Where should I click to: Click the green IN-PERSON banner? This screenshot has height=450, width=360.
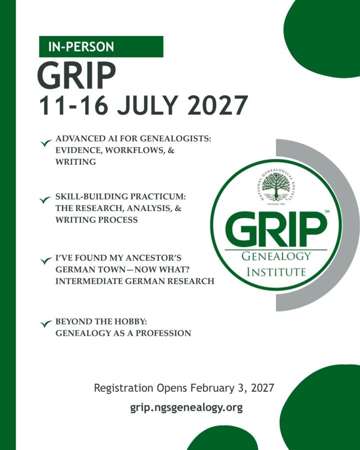(x=101, y=47)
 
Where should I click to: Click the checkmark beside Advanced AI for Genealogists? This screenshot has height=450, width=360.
(x=46, y=143)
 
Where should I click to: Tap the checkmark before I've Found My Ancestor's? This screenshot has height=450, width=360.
(x=46, y=261)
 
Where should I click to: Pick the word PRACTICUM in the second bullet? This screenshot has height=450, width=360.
(x=158, y=197)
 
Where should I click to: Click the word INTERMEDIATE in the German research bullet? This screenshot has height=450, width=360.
(x=89, y=281)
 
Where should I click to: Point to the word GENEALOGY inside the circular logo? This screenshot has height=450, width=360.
(x=276, y=256)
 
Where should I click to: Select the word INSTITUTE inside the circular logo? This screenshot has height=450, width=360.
(x=276, y=272)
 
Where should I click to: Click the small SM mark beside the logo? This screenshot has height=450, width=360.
(x=327, y=212)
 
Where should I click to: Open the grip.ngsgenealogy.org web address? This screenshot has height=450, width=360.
(x=186, y=407)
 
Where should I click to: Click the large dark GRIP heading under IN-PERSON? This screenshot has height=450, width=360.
(x=76, y=75)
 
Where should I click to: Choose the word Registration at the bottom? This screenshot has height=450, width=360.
(x=124, y=388)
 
